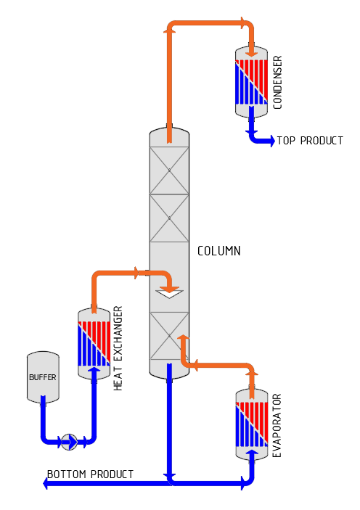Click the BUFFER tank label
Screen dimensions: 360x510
[x=43, y=377]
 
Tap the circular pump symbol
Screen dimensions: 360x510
[x=69, y=442]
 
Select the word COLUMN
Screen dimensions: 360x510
[x=218, y=251]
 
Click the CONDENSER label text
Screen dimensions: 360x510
[x=277, y=82]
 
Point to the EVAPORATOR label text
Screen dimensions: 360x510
[x=277, y=425]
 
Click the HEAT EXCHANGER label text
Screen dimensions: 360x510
[x=118, y=348]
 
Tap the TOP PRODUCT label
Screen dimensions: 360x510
[x=310, y=141]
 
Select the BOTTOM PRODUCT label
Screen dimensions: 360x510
[x=90, y=474]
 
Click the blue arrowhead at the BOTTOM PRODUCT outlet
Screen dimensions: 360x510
[x=46, y=484]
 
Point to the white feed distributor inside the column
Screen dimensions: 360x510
[x=169, y=294]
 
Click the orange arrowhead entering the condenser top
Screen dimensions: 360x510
[x=252, y=54]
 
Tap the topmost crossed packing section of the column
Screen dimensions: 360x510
[x=169, y=170]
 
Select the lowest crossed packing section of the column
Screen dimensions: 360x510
[x=169, y=336]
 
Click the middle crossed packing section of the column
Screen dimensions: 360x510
[x=169, y=218]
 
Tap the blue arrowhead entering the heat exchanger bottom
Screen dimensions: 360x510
[x=94, y=370]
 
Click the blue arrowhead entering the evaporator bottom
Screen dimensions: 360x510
[x=252, y=453]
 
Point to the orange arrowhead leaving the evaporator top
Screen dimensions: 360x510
[x=252, y=372]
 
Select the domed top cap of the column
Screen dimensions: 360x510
[x=169, y=136]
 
